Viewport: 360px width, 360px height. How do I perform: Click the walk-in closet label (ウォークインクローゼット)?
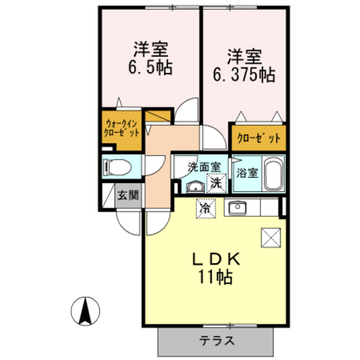pyautogui.click(x=120, y=129)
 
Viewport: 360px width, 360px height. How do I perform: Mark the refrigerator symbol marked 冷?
pyautogui.click(x=204, y=208)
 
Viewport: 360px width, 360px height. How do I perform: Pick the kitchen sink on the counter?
pyautogui.click(x=238, y=207)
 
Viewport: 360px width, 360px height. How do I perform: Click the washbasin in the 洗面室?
pyautogui.click(x=193, y=186)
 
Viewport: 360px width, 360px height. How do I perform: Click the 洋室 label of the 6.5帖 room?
pyautogui.click(x=150, y=50)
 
